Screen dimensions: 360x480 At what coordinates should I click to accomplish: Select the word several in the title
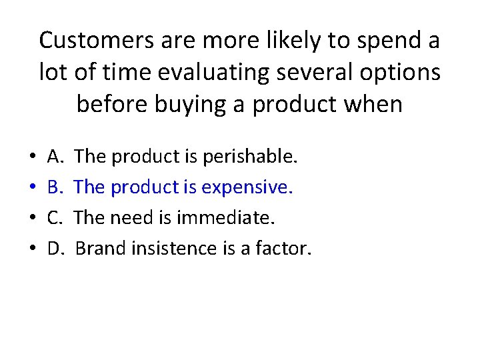[293, 72]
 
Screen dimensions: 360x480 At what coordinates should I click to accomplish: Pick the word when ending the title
[373, 104]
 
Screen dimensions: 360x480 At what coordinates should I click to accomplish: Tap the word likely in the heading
[276, 41]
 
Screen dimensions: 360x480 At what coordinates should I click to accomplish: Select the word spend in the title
[378, 41]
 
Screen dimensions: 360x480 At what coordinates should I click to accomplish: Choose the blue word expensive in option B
[257, 188]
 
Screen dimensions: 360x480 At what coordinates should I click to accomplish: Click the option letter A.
[55, 157]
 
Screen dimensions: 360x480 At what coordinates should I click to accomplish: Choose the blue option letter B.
[55, 188]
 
